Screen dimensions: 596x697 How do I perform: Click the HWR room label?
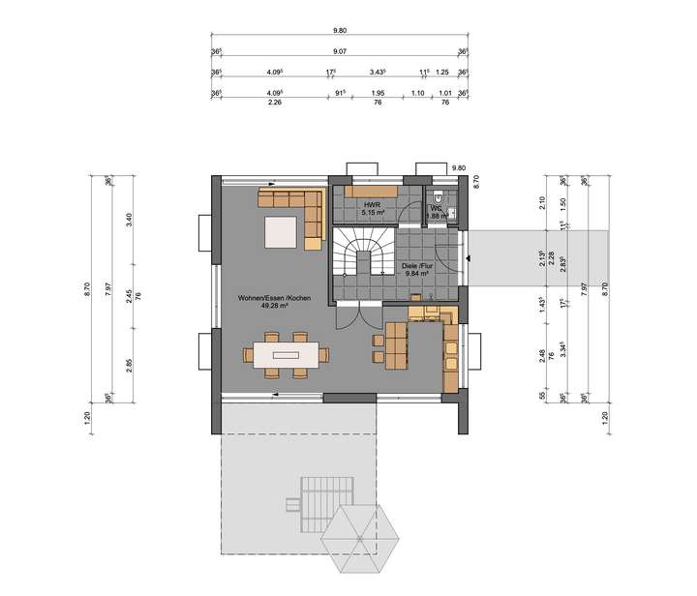pyautogui.click(x=370, y=205)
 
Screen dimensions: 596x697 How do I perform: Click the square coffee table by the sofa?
pyautogui.click(x=281, y=232)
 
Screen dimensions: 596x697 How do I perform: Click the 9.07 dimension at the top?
pyautogui.click(x=340, y=51)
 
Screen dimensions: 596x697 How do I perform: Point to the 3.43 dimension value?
pyautogui.click(x=379, y=72)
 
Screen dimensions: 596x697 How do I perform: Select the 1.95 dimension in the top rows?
pyautogui.click(x=378, y=93)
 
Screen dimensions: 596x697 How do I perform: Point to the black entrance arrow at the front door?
pyautogui.click(x=469, y=258)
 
